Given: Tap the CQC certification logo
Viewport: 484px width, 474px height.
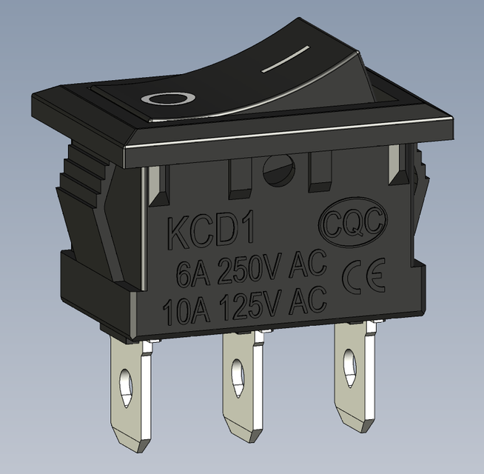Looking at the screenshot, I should click(352, 222).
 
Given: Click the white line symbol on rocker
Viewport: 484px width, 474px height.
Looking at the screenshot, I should click(286, 60).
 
